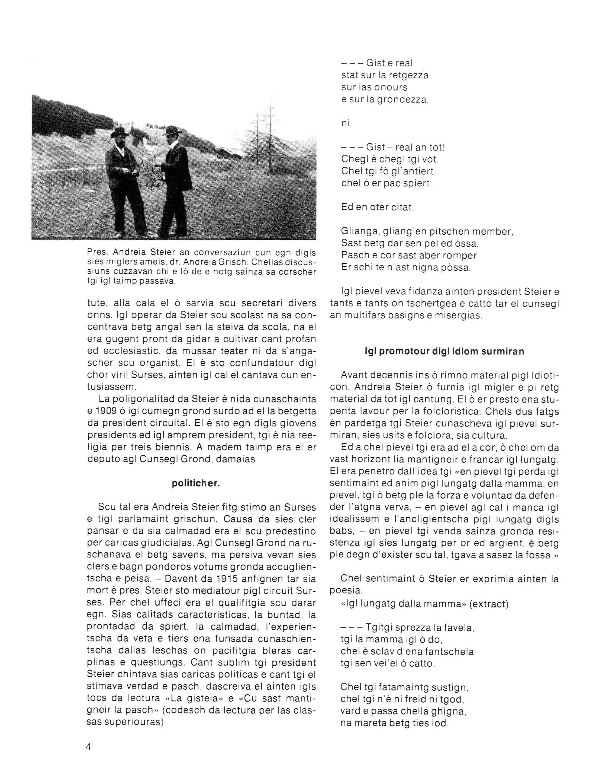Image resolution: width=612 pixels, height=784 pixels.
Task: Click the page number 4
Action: click(89, 747)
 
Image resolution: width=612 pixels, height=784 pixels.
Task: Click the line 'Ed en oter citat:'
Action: click(377, 208)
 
